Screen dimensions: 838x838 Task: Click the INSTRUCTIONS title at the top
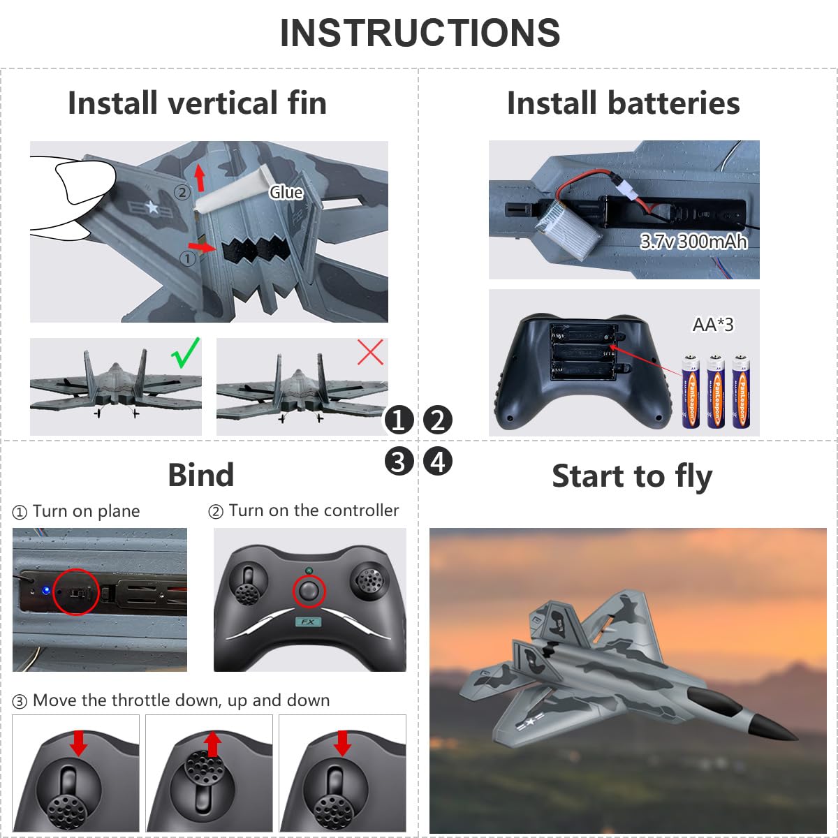tap(420, 33)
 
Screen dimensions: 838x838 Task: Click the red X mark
tap(370, 353)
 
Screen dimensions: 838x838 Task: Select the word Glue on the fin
tap(286, 193)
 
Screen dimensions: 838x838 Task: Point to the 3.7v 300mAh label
tap(693, 242)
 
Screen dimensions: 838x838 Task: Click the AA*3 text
tap(713, 325)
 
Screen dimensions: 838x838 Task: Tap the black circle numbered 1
tap(399, 420)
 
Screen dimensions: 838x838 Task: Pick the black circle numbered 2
tap(438, 420)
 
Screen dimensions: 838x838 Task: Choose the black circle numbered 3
tap(399, 462)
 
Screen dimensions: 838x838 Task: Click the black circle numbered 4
tap(438, 462)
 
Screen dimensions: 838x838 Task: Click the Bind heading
tap(200, 476)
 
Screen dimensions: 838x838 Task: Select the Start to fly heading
tap(632, 476)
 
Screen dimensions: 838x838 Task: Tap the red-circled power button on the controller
tap(309, 592)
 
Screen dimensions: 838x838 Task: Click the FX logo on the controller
tap(308, 622)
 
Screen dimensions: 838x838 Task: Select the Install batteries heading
tap(623, 103)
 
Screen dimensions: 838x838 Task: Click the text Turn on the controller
tap(314, 510)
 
